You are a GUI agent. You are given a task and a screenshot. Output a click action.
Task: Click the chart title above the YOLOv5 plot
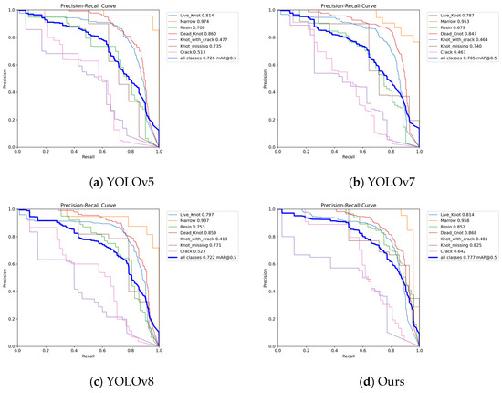pos(89,5)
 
